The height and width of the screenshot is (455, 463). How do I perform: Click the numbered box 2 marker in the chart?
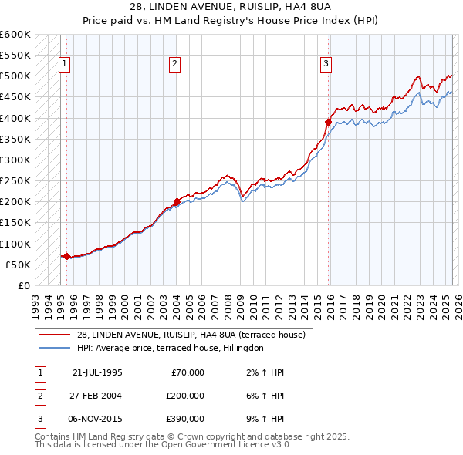click(176, 64)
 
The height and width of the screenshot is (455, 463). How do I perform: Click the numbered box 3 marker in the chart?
click(326, 64)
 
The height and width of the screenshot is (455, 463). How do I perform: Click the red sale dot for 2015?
click(328, 122)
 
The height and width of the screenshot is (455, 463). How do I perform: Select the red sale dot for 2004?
click(177, 201)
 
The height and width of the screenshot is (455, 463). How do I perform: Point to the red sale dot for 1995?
click(66, 256)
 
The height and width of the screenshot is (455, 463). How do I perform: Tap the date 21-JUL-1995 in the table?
click(97, 372)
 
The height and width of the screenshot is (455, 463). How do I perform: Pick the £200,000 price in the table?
click(185, 396)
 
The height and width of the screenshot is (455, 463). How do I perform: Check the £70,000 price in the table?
click(188, 372)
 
